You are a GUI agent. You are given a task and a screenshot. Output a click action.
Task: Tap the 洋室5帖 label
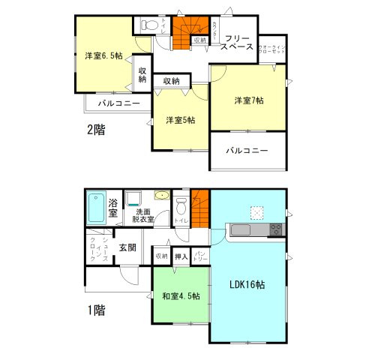coord(181,120)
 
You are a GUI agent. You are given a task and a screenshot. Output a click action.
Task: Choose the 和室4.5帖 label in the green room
coord(181,295)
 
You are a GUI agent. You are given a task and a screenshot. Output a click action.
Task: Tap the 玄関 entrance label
coord(127,247)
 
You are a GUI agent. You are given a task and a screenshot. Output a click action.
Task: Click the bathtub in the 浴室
coord(97,209)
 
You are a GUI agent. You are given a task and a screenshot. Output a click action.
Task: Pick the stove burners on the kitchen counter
coord(274,229)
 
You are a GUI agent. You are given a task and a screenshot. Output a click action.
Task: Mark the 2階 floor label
coord(95,129)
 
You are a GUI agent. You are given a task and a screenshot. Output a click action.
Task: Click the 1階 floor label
coord(94,310)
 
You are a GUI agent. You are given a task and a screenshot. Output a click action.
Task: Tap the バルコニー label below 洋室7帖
coord(247,151)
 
